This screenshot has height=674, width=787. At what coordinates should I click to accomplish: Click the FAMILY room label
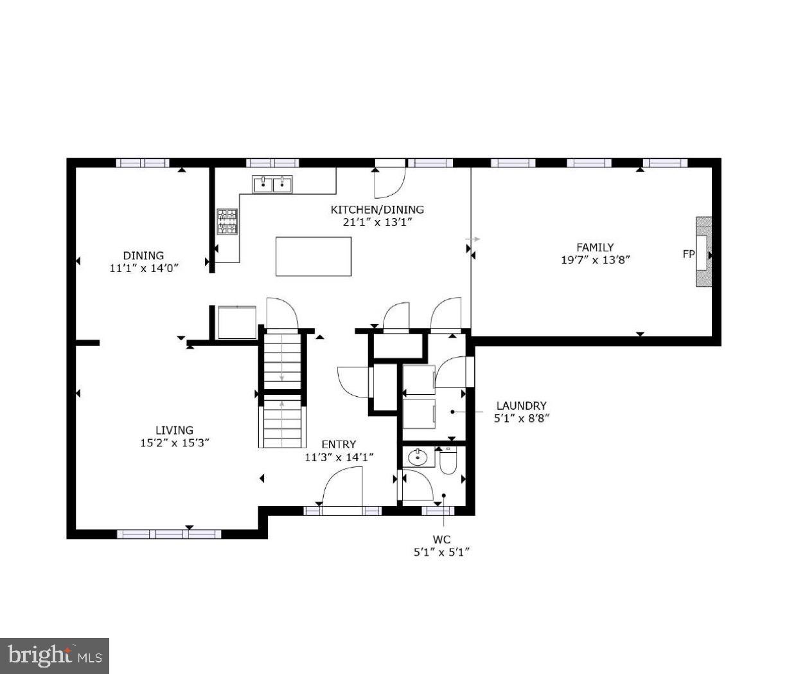pyautogui.click(x=594, y=247)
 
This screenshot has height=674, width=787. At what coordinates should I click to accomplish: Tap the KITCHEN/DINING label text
pyautogui.click(x=377, y=210)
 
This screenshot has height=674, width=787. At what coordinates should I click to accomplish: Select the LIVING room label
pyautogui.click(x=174, y=430)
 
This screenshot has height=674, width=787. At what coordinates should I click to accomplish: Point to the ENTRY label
pyautogui.click(x=339, y=444)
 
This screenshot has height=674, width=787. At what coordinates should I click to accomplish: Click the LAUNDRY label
pyautogui.click(x=521, y=406)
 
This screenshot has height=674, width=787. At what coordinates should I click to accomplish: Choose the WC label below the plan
pyautogui.click(x=441, y=539)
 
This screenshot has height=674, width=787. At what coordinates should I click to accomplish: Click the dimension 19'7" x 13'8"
pyautogui.click(x=595, y=260)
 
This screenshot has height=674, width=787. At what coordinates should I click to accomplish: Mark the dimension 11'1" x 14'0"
pyautogui.click(x=144, y=268)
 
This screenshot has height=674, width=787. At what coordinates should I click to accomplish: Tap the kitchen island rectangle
pyautogui.click(x=314, y=257)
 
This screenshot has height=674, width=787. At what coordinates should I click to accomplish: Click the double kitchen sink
pyautogui.click(x=273, y=185)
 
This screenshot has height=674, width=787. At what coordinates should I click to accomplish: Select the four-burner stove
pyautogui.click(x=227, y=221)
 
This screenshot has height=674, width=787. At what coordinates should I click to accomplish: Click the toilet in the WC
pyautogui.click(x=447, y=460)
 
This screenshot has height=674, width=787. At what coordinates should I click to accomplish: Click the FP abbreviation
pyautogui.click(x=688, y=254)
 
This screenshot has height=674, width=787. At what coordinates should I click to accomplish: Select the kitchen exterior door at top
pyautogui.click(x=389, y=180)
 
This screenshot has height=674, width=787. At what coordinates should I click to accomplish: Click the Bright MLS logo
pyautogui.click(x=55, y=656)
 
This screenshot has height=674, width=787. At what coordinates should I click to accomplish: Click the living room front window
pyautogui.click(x=169, y=534)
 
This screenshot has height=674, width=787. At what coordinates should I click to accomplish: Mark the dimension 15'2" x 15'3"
pyautogui.click(x=174, y=443)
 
